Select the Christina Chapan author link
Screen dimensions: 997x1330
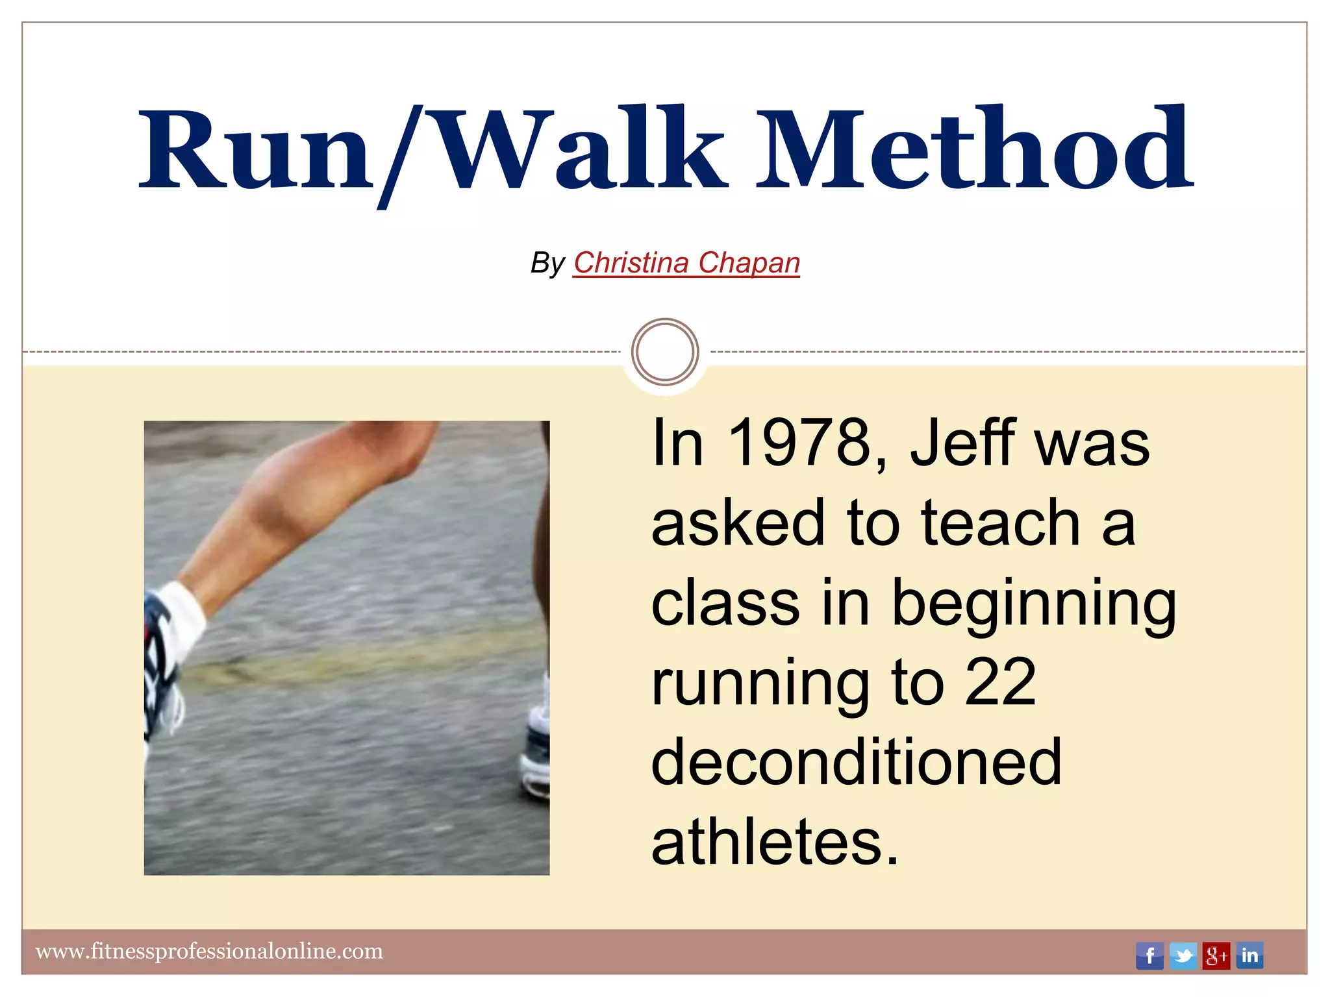[x=686, y=263]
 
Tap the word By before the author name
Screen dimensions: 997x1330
[x=547, y=264]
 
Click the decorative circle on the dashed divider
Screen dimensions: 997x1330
[x=665, y=351]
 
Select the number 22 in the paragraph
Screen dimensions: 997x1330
[x=1000, y=683]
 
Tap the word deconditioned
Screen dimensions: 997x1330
[x=856, y=763]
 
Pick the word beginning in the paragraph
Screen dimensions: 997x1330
[x=1034, y=604]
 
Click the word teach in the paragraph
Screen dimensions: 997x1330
[x=1000, y=523]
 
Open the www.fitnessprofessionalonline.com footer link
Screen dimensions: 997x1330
[x=209, y=952]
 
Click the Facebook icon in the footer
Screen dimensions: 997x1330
[x=1149, y=955]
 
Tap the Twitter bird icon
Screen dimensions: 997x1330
[x=1183, y=955]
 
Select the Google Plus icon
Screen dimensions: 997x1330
[x=1216, y=955]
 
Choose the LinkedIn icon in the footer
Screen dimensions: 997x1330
[x=1249, y=955]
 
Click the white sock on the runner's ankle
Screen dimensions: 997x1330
[x=182, y=617]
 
